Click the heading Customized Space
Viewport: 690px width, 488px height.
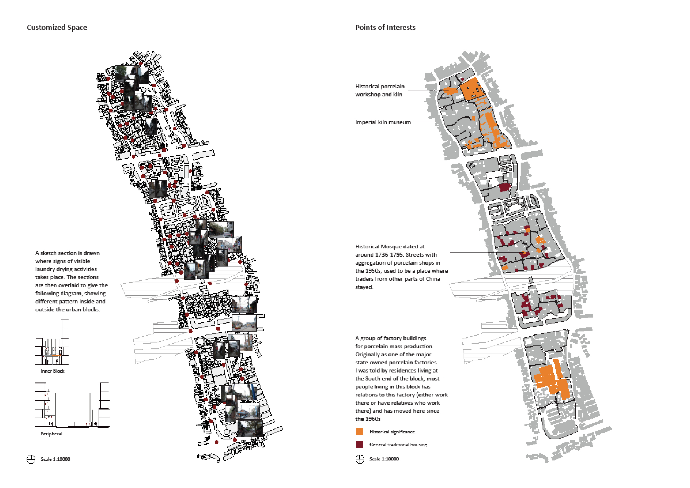pos(57,28)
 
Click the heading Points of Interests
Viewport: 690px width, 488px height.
pos(385,28)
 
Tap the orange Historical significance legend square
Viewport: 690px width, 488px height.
pos(359,432)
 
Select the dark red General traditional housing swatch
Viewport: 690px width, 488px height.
pos(359,444)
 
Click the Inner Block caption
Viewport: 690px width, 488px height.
pos(53,371)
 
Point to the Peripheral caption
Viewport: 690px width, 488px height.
pos(52,434)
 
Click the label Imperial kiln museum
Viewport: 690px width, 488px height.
pos(383,122)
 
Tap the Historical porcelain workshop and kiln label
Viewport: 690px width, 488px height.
pos(380,90)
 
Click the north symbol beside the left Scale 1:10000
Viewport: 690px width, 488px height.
pos(31,459)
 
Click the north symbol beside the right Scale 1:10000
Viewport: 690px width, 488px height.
pos(360,459)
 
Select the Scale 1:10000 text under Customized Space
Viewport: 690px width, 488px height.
pos(56,459)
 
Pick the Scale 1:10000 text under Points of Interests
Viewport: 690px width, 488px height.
pos(384,459)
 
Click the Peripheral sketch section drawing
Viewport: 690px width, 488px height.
pos(72,405)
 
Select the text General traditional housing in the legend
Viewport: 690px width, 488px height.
pos(398,444)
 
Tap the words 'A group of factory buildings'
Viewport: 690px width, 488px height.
pos(391,338)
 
